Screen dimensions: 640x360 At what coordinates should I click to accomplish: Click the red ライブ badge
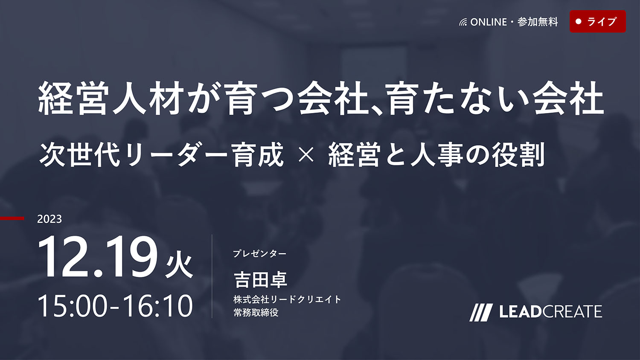598,21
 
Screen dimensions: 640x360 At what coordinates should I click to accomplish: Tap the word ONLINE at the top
489,22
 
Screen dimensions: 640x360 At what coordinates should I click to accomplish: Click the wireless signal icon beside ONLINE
463,22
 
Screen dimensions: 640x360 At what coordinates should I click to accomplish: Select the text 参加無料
538,22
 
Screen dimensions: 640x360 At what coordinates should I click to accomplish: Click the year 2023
49,219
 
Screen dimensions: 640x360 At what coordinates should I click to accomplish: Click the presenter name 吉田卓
260,280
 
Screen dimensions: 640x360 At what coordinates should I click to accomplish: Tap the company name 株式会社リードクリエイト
287,299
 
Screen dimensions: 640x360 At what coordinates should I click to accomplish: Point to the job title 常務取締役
256,312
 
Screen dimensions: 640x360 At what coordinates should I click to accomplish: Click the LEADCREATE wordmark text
550,312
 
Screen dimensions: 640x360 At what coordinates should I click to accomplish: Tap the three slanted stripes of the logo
480,313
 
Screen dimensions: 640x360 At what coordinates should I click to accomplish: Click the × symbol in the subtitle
306,156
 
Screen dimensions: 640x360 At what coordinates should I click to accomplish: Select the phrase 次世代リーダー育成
161,155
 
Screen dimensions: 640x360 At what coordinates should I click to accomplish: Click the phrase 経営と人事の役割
436,155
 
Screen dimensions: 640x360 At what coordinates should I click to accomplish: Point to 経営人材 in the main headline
110,98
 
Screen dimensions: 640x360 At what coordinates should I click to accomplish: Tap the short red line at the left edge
12,218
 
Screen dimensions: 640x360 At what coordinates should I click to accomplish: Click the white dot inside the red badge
578,21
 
